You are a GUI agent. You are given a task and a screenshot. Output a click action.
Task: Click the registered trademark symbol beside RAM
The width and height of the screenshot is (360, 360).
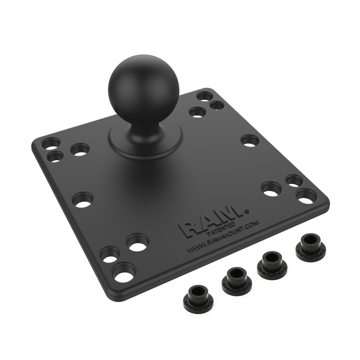pos(246,210)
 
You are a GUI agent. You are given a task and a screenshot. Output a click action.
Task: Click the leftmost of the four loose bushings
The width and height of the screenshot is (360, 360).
pos(195,299)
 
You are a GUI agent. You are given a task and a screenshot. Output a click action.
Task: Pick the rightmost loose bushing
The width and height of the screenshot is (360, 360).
pos(309,245)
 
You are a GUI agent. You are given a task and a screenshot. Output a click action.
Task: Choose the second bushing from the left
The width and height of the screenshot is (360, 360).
pos(234,279)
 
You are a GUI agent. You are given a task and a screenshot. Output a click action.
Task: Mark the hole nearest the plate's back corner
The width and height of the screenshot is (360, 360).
pos(205,96)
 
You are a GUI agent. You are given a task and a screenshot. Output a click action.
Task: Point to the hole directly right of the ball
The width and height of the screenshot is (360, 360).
pos(250,140)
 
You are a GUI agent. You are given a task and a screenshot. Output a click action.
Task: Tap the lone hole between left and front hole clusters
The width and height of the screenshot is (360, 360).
pos(83,199)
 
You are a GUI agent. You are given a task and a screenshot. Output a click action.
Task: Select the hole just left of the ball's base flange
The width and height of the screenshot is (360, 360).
pos(80,149)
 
